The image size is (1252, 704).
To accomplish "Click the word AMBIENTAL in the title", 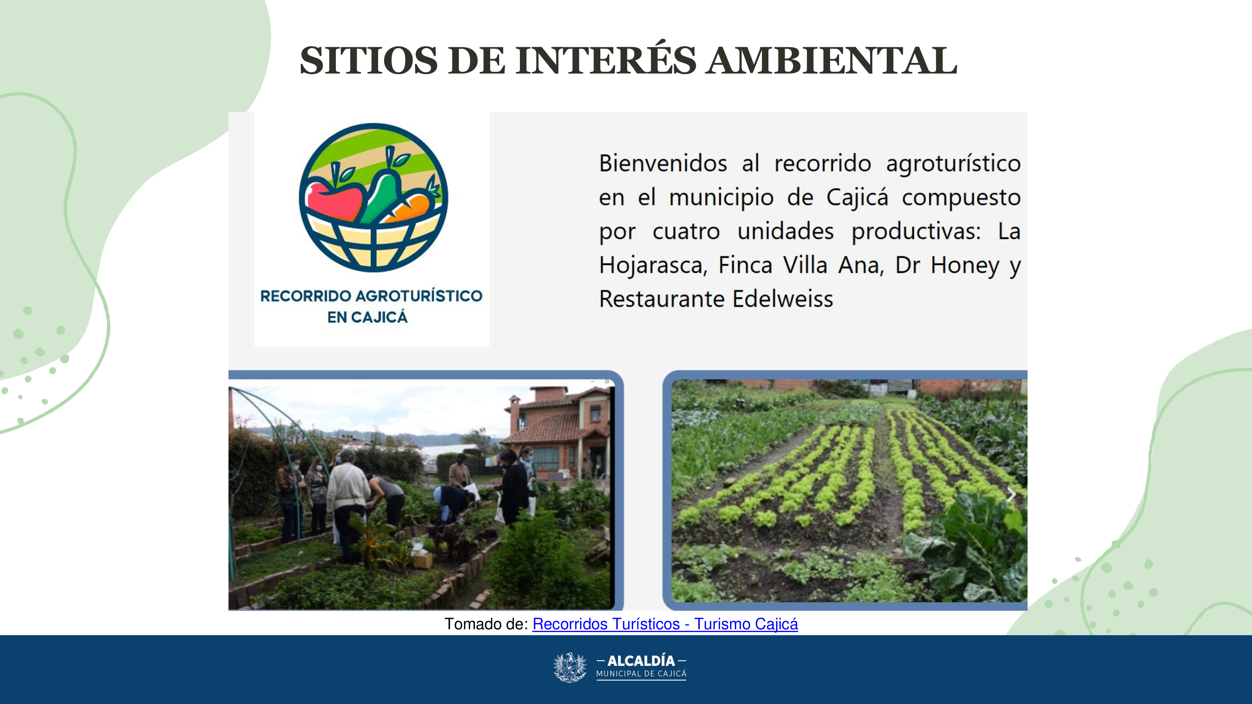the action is [832, 60].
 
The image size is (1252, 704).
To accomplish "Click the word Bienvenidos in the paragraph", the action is [663, 163].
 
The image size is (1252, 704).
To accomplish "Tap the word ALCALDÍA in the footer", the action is [641, 661].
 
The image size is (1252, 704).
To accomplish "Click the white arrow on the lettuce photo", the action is [1011, 495].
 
